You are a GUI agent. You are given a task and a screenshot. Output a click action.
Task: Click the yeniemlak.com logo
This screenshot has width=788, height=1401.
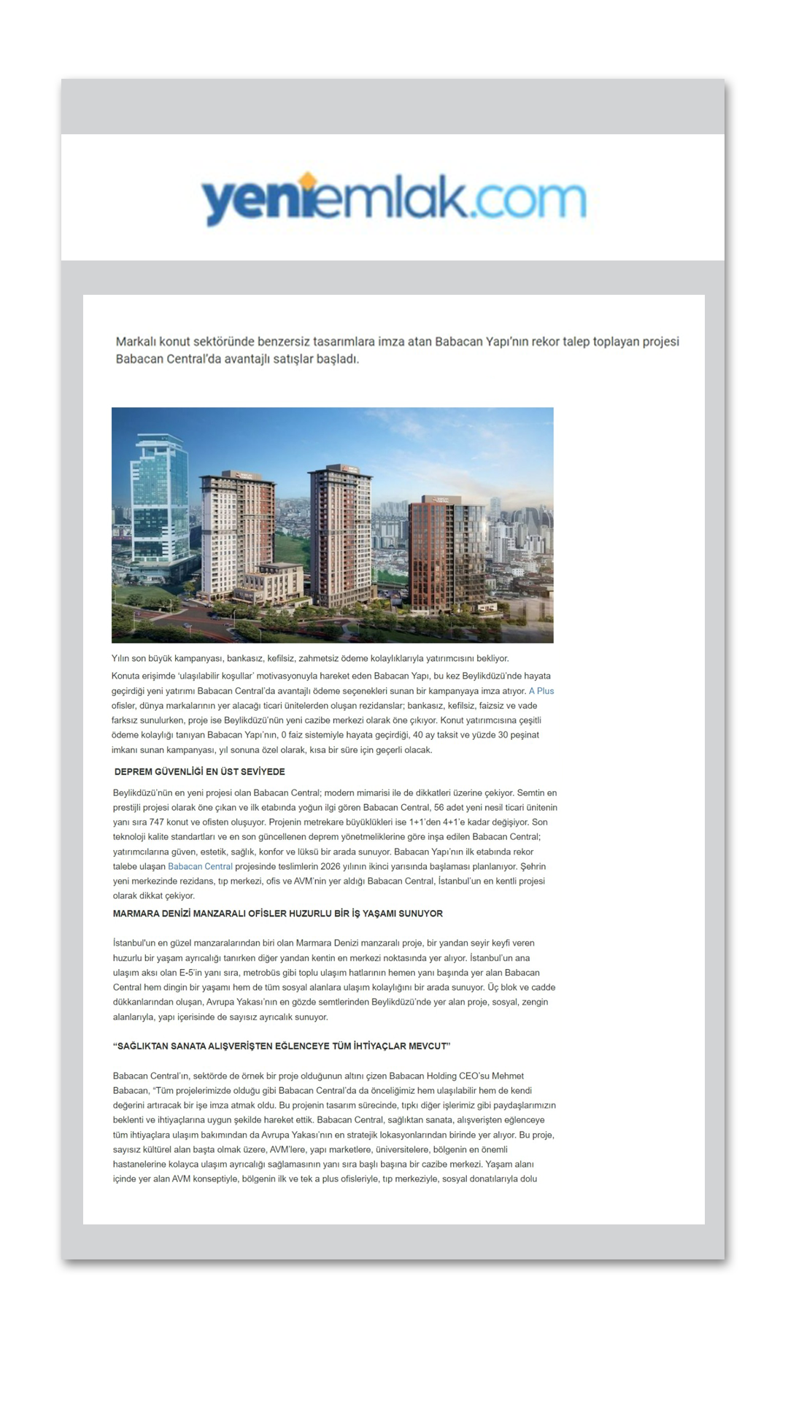[393, 198]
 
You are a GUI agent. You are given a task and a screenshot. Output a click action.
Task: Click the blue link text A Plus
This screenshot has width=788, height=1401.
[541, 691]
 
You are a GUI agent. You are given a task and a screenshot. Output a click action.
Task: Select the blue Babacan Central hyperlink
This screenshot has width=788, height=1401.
[200, 867]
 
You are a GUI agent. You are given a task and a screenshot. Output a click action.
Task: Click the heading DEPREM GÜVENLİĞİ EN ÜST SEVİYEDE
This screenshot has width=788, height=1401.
[199, 772]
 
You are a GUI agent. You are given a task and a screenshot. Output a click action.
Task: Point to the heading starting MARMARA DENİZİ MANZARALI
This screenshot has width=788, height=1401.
[277, 914]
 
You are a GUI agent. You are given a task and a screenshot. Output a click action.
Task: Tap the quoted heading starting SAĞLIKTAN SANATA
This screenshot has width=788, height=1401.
[282, 1046]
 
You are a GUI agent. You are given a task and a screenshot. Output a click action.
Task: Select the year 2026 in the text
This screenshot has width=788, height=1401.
[331, 867]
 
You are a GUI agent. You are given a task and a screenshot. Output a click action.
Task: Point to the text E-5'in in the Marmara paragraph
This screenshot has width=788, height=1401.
[192, 973]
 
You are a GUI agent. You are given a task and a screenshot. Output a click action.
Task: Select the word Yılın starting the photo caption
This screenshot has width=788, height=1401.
[120, 658]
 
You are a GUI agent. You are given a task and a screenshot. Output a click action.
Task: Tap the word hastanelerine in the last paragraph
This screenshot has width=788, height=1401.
[139, 1165]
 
